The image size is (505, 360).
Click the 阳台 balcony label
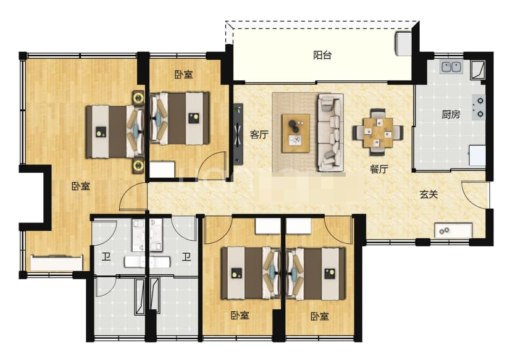322,55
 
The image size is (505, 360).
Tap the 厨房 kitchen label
451,114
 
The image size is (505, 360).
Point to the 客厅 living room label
259,134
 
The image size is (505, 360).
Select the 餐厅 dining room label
379,169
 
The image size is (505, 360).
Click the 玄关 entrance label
429,194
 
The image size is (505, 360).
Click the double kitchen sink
451,67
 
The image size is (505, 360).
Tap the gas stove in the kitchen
479,107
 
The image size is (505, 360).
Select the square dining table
378,132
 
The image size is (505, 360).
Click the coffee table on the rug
296,133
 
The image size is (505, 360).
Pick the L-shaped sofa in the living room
330,132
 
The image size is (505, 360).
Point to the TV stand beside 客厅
238,134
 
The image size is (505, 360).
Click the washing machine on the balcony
404,43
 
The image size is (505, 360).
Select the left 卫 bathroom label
106,257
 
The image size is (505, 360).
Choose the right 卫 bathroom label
186,257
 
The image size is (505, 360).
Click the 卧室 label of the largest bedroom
81,186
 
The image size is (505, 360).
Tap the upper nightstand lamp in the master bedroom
138,97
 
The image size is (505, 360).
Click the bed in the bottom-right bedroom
316,273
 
